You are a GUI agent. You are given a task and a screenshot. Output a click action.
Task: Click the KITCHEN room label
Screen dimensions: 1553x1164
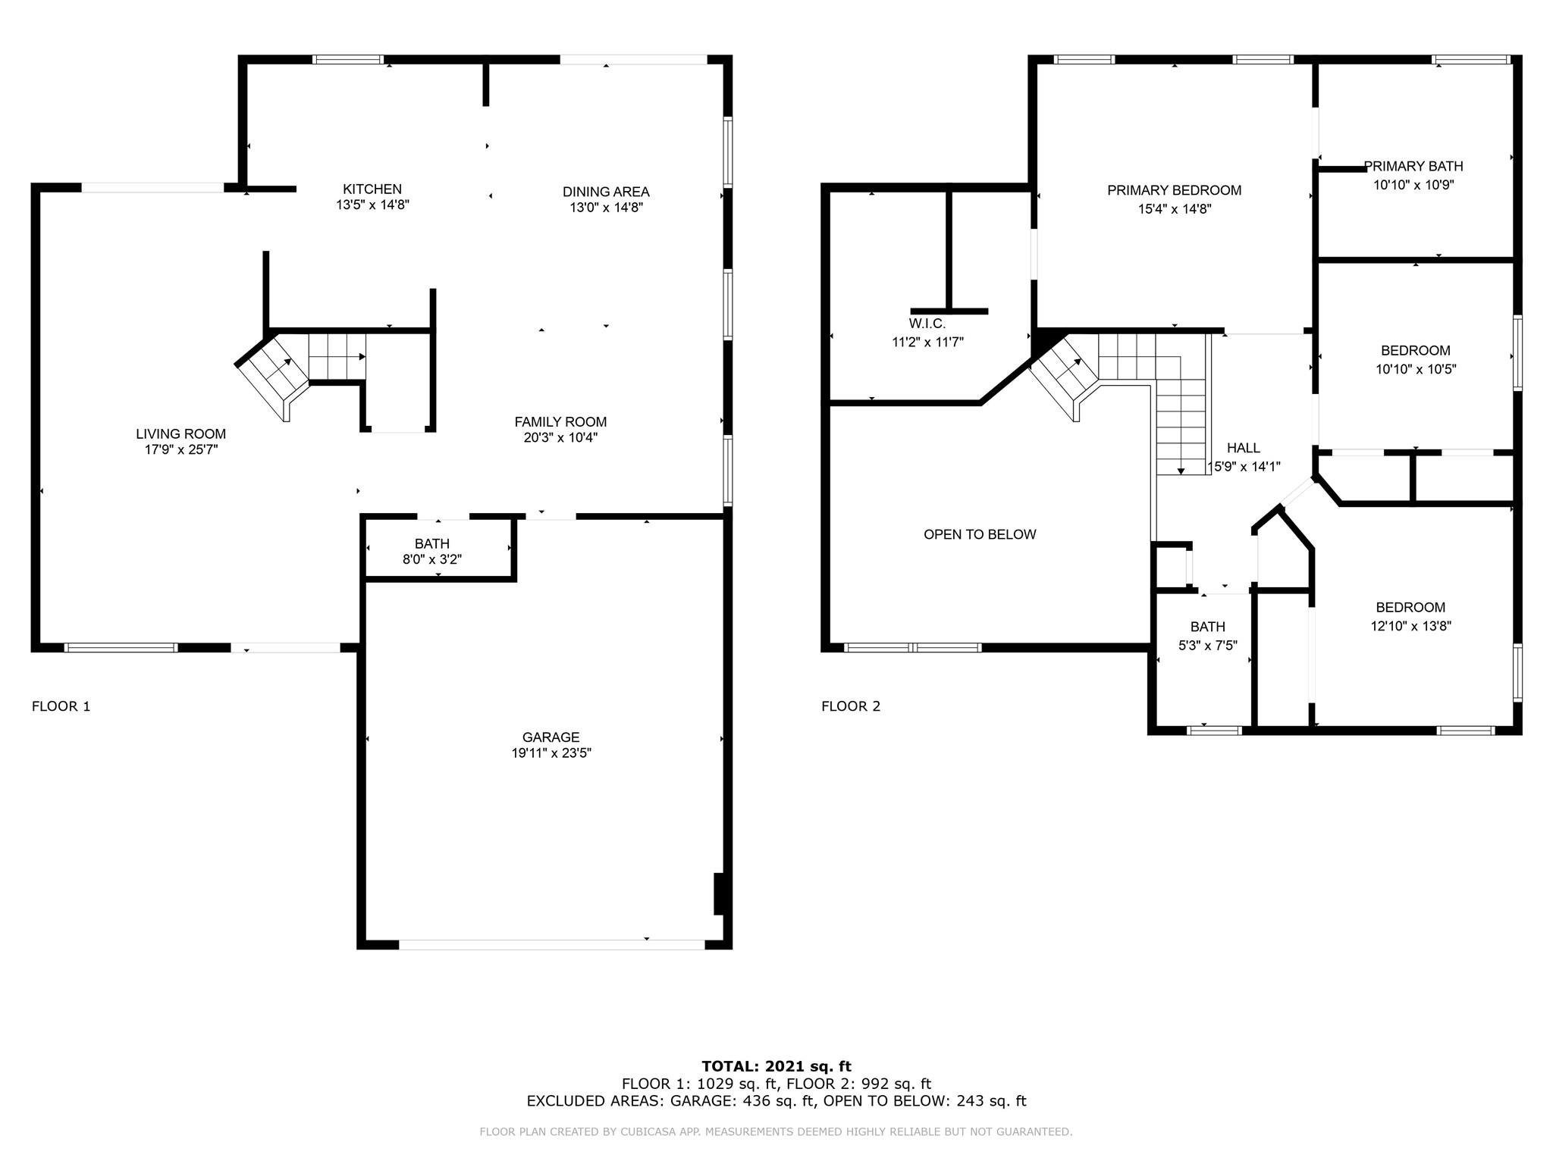[372, 189]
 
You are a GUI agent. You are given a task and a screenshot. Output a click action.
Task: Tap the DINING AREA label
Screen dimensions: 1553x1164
[606, 192]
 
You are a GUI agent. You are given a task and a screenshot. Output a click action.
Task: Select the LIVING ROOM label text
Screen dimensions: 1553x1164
[181, 434]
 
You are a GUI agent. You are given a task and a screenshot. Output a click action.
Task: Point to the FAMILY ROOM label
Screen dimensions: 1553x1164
[560, 422]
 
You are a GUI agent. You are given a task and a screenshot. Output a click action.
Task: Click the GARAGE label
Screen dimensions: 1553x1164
[551, 737]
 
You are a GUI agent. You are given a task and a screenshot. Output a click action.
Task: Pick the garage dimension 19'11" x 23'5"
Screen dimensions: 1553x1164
[551, 753]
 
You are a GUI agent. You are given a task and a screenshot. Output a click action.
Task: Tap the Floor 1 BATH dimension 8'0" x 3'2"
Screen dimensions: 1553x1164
[432, 560]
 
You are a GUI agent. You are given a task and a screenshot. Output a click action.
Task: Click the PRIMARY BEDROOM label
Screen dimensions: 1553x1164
[1175, 190]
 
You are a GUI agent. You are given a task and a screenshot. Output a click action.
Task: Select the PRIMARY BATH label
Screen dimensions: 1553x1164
[1413, 167]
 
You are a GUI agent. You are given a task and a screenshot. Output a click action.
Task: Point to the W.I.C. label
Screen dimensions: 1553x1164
[927, 324]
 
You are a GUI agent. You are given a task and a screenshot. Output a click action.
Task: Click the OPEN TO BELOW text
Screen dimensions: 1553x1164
[980, 534]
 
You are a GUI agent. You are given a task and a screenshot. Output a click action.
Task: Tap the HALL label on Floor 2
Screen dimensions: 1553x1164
[1244, 449]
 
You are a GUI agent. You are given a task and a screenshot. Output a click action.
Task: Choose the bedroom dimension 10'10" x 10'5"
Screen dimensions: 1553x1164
[1416, 370]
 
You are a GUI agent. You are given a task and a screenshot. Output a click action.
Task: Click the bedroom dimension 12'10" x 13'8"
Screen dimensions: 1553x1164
[1410, 626]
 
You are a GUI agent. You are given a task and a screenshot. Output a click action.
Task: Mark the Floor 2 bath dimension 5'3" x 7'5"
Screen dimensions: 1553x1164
[1208, 646]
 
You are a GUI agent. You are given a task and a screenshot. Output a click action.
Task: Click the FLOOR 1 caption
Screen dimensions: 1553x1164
[61, 706]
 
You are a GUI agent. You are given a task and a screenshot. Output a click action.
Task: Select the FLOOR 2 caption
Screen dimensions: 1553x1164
[851, 706]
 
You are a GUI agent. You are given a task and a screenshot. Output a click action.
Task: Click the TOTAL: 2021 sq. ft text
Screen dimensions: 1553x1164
[776, 1067]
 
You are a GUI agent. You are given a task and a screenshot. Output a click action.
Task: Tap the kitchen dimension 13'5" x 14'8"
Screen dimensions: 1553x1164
[373, 205]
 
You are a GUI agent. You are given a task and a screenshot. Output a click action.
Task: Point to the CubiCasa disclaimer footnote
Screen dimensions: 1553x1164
[776, 1132]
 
